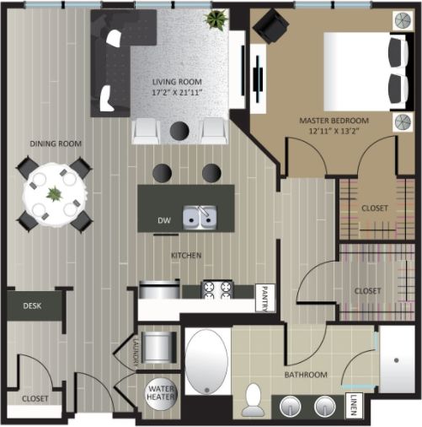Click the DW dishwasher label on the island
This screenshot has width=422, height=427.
click(x=164, y=220)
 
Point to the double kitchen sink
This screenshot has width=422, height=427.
click(x=200, y=218)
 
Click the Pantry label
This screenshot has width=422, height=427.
click(x=263, y=297)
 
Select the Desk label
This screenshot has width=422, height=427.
click(x=33, y=305)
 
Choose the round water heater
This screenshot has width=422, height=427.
click(x=161, y=394)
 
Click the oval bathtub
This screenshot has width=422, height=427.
click(x=206, y=361)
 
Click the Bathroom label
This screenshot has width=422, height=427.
click(x=305, y=374)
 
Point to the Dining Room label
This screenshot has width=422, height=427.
click(x=56, y=144)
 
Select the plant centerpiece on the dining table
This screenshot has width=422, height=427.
click(x=55, y=194)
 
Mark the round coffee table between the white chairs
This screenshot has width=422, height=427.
click(x=179, y=131)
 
